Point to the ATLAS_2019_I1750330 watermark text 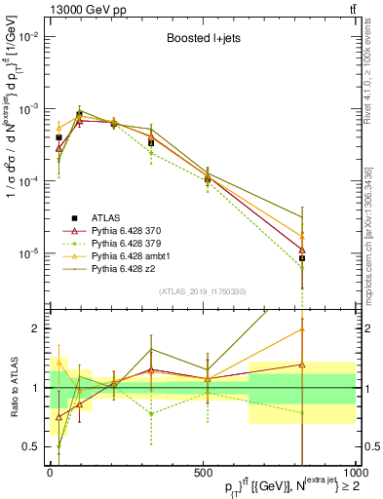[x=201, y=291]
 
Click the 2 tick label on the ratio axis [x=37, y=328]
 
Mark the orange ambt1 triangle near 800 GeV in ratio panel [x=302, y=329]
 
